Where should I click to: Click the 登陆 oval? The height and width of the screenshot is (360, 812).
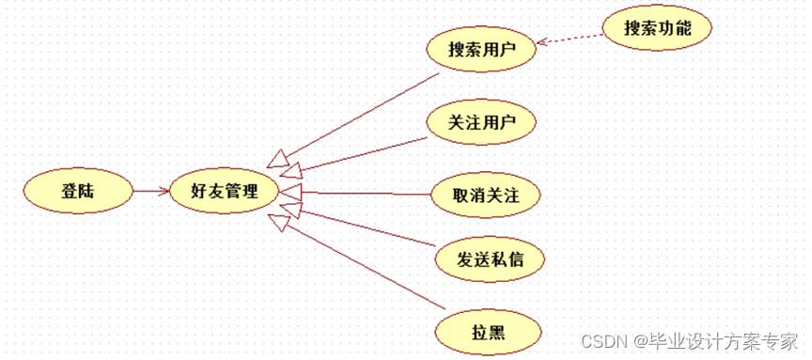coord(78,191)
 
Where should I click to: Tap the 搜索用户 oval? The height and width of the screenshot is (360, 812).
coord(482,47)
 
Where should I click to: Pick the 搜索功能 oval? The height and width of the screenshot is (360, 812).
coord(658,29)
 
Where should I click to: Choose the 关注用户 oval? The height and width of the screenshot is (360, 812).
coord(481,121)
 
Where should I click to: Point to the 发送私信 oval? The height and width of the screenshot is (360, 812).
coord(491,259)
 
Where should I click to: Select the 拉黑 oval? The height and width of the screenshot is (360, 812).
coord(489,331)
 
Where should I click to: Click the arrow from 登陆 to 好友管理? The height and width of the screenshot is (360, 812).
coord(148,191)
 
